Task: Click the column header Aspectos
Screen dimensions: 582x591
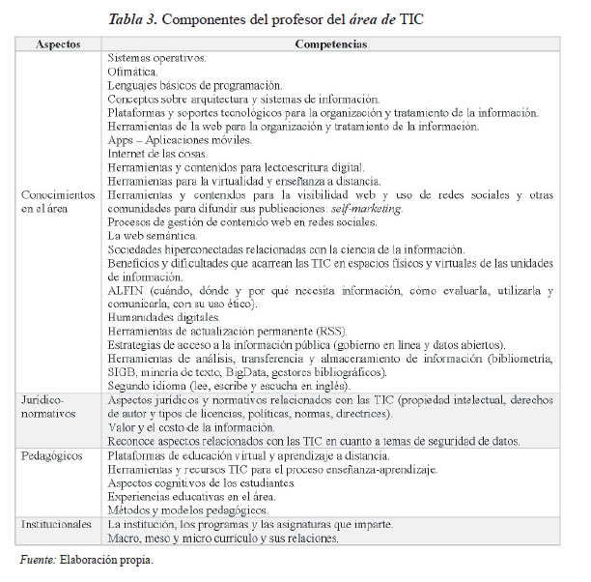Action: point(57,44)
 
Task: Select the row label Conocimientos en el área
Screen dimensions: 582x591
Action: point(57,200)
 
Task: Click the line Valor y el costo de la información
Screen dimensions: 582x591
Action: point(190,426)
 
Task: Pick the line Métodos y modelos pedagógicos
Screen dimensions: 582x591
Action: point(187,509)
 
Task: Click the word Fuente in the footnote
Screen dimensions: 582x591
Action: point(38,559)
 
